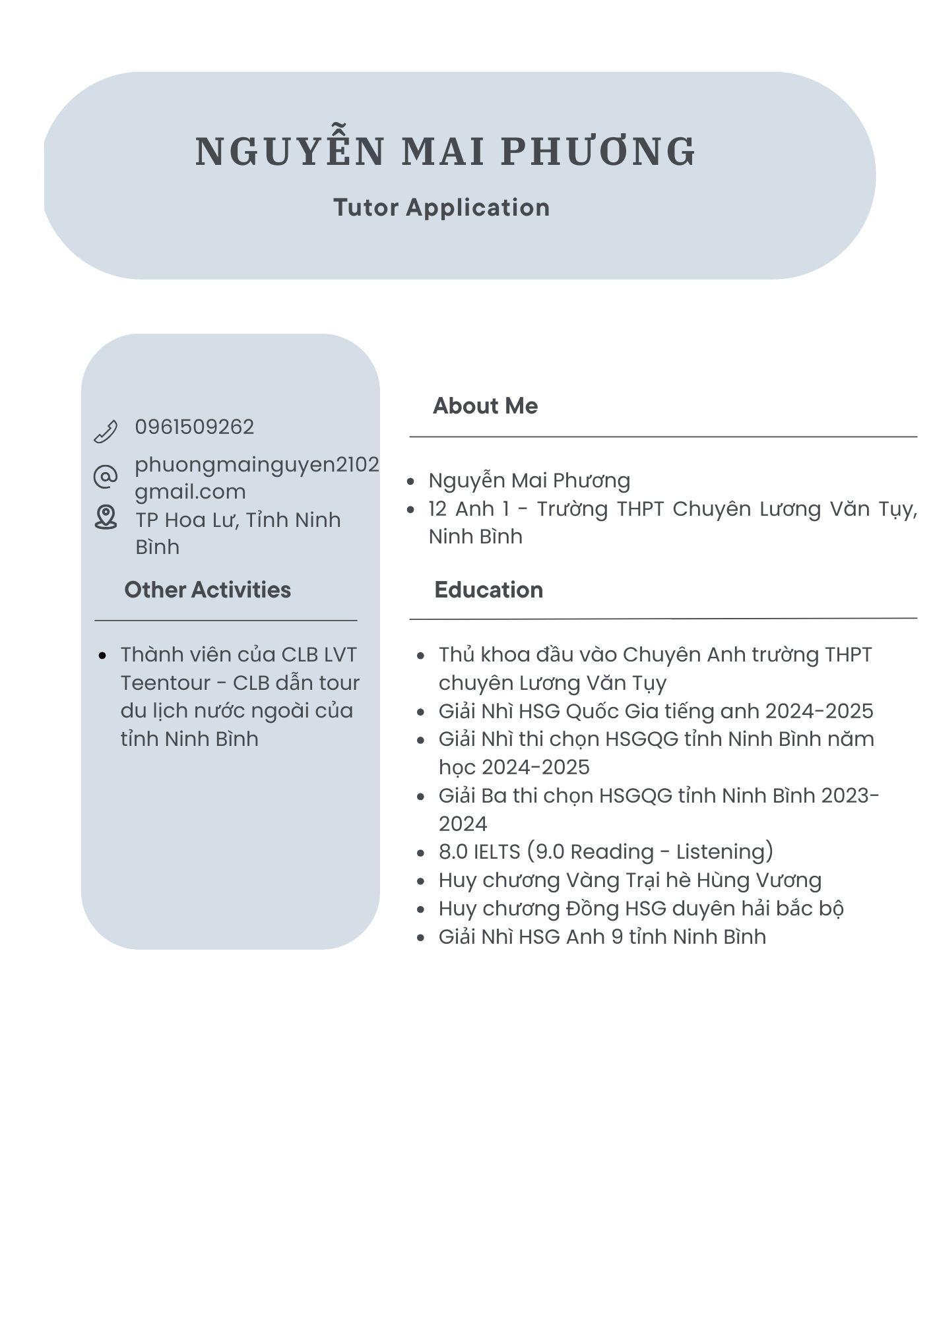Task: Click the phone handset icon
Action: [106, 431]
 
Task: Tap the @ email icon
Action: [106, 476]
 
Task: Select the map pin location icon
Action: [106, 517]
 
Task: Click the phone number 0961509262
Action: [195, 427]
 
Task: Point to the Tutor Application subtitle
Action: [441, 207]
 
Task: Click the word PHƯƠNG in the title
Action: [598, 151]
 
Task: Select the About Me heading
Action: [485, 406]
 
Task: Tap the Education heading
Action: [488, 590]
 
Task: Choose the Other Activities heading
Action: [207, 590]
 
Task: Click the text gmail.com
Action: [190, 491]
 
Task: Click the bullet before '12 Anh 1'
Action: [411, 510]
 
